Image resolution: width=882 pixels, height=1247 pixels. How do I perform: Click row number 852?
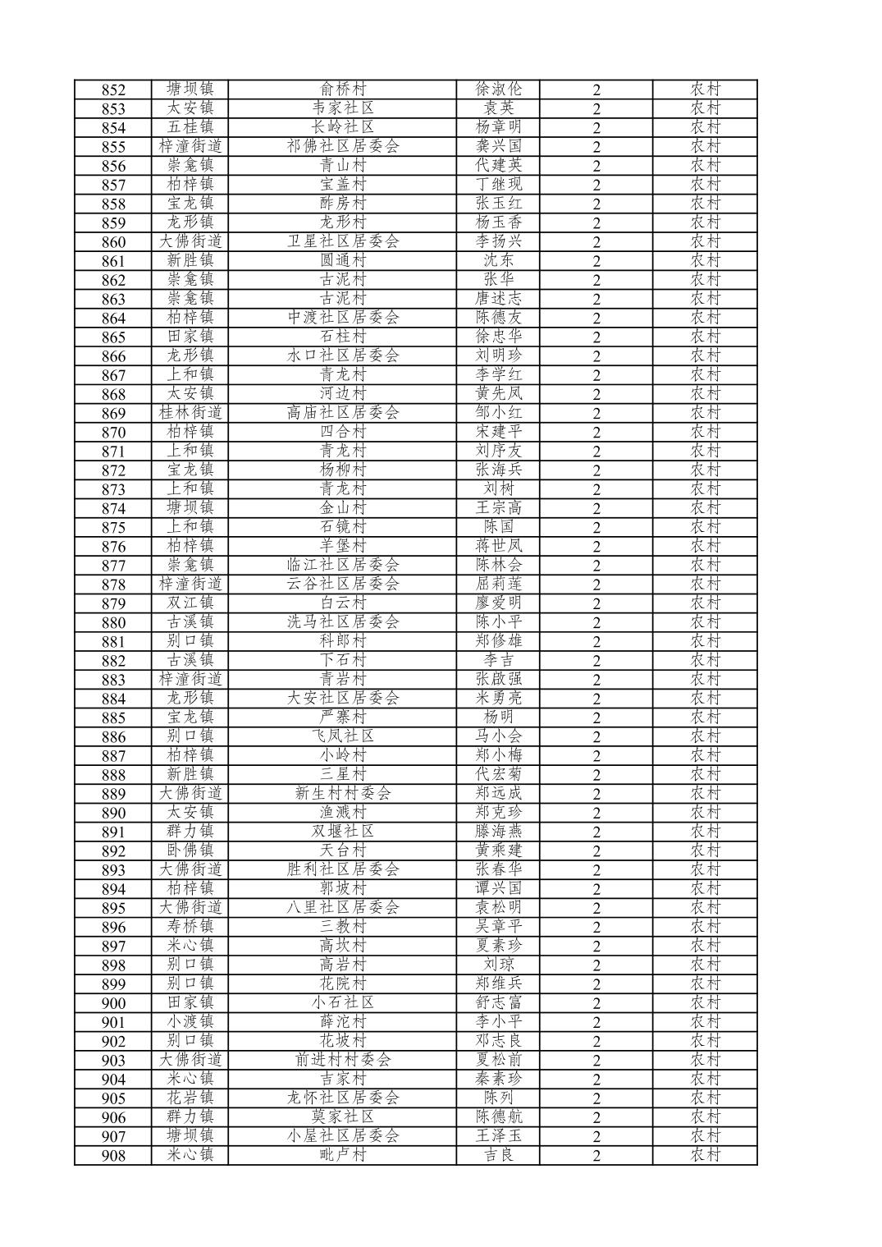113,89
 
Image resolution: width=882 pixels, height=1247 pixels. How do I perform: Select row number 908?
113,1156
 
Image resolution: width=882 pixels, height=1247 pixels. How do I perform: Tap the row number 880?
113,622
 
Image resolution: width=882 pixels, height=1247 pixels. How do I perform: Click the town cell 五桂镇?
190,127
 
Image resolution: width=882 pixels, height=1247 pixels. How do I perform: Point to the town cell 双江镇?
190,603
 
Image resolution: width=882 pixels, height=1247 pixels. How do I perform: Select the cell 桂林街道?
190,413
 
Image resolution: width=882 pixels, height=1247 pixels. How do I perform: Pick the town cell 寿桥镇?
190,927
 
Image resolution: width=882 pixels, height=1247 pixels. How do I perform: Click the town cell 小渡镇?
190,1022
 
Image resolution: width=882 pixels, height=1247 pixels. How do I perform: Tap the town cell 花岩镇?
190,1098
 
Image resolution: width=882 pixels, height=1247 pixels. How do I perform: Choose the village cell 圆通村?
343,260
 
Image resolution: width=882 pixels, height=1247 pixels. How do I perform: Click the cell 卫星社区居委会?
343,241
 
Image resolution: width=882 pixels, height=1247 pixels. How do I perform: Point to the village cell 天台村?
343,850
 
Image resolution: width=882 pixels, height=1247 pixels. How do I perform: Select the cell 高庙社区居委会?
343,413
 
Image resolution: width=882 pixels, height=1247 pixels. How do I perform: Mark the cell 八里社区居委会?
343,908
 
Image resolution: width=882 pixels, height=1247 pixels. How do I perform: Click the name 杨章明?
499,127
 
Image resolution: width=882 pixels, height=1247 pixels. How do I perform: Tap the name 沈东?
499,260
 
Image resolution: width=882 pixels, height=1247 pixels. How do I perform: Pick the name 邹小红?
499,413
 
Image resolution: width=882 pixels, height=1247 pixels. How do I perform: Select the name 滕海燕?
499,832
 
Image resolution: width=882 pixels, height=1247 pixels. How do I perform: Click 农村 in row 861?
705,260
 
